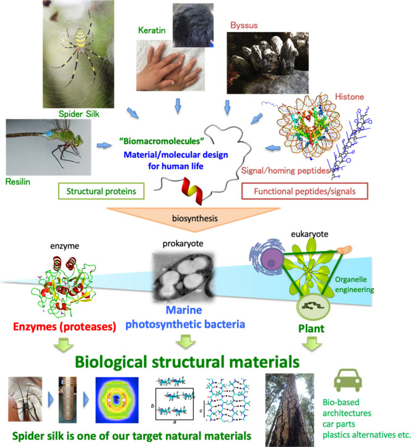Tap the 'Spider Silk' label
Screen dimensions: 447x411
pos(78,114)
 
